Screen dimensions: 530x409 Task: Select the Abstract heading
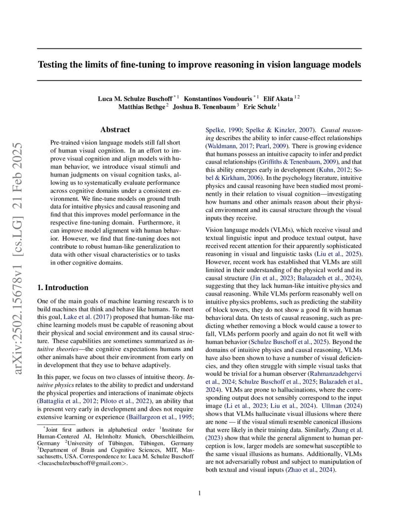click(115, 130)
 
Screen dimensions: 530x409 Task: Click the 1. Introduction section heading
click(63, 287)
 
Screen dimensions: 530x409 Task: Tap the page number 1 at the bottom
click(199, 492)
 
